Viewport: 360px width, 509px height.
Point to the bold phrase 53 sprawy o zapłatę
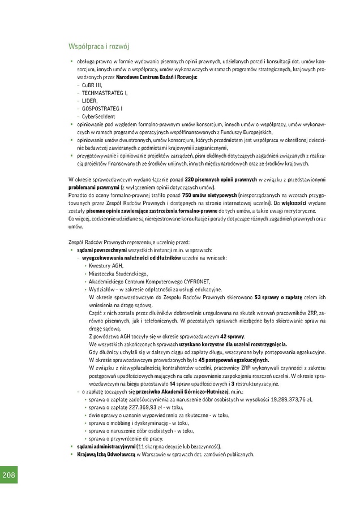point(277,296)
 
